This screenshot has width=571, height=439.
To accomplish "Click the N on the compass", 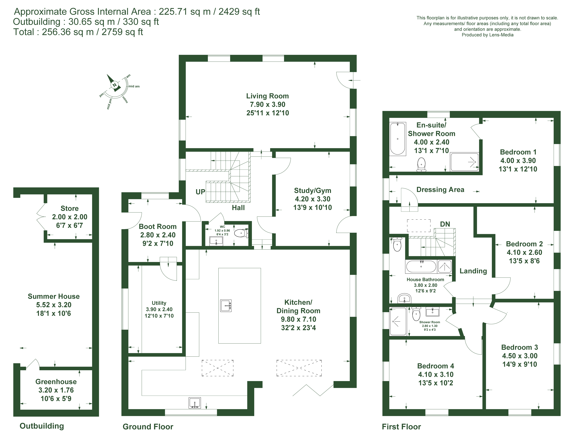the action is pos(114,85).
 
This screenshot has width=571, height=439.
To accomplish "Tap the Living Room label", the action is pos(267,96).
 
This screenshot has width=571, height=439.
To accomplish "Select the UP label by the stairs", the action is pos(200,192).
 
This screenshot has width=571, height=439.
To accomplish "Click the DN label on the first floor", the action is pos(445,224).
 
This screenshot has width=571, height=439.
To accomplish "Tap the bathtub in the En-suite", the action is pos(398,139).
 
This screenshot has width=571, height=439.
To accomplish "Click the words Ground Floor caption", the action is pos(148,427).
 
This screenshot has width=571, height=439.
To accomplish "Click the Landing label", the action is pos(473,271).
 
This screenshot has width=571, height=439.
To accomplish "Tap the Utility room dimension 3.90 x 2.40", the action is pos(159,309).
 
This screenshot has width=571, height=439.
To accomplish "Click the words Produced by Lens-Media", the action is pos(487,35).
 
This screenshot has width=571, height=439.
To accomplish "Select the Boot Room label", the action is pos(158,227).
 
